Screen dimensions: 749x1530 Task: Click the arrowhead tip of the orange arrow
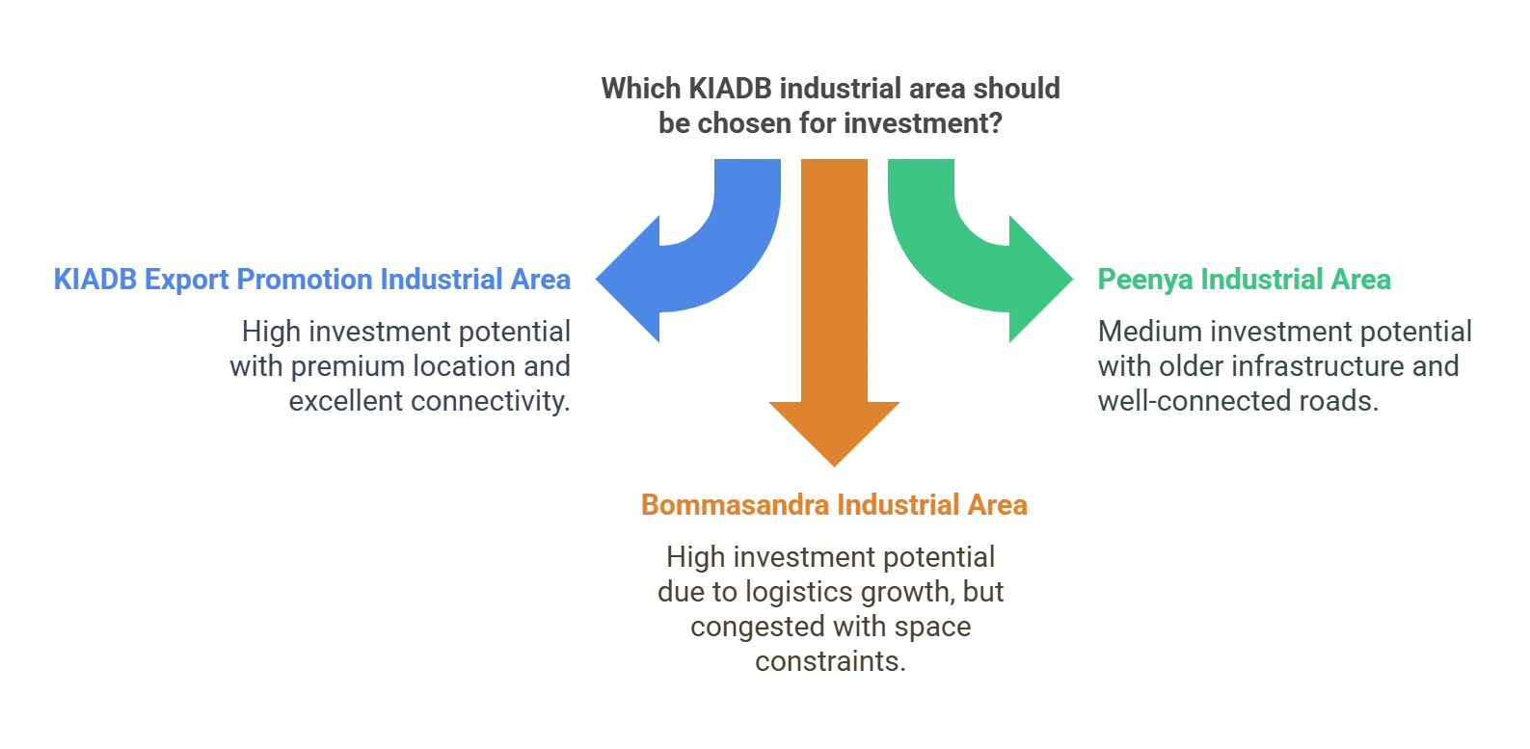coord(835,467)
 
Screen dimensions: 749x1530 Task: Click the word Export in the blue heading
coord(185,280)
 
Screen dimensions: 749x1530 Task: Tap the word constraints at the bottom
coord(831,662)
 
